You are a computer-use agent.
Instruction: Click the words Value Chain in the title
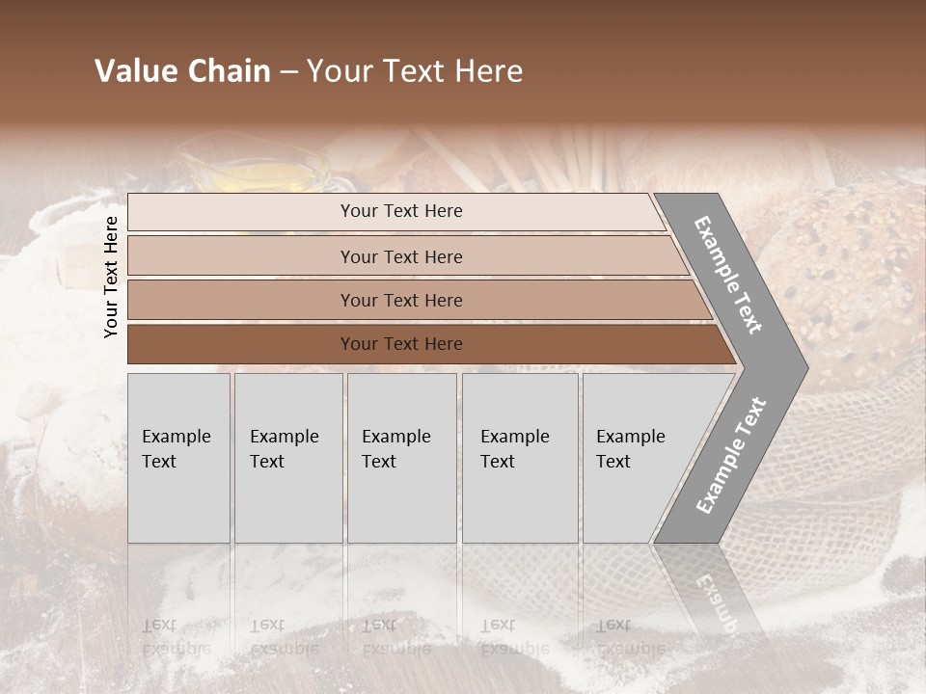[x=182, y=71]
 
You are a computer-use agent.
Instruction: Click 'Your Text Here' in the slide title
[x=415, y=71]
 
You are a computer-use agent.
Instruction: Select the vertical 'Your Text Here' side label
[x=111, y=277]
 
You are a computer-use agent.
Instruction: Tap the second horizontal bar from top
[x=400, y=256]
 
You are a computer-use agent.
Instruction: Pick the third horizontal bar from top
[x=400, y=300]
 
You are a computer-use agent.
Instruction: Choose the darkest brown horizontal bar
[x=400, y=344]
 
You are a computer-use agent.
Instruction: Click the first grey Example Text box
[x=178, y=458]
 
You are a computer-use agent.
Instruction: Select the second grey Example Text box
[x=287, y=458]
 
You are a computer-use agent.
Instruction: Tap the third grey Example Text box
[x=401, y=458]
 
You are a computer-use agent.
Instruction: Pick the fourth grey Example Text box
[x=519, y=458]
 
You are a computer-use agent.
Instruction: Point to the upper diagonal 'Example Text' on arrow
[x=728, y=275]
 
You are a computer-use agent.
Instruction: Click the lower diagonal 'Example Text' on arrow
[x=730, y=455]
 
